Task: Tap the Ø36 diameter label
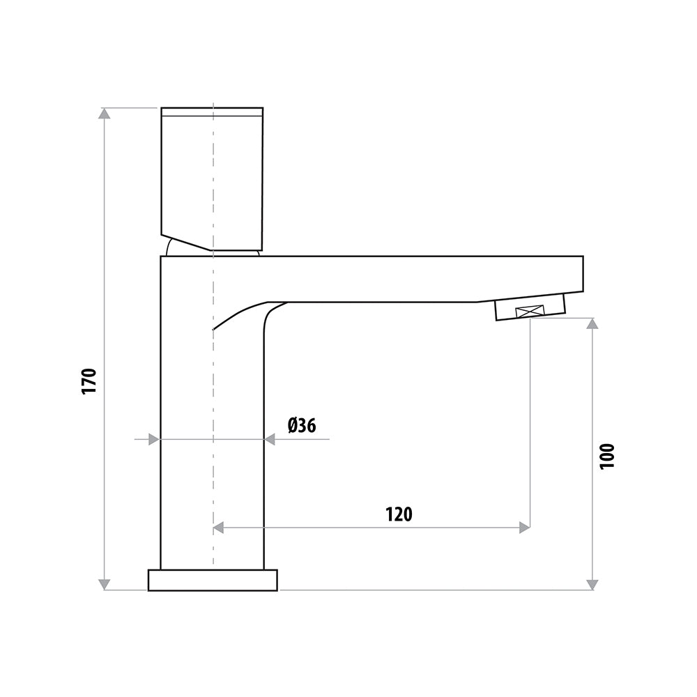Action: [x=301, y=424]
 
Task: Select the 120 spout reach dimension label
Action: [x=399, y=514]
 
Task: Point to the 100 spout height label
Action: [x=608, y=457]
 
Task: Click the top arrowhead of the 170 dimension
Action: [x=105, y=114]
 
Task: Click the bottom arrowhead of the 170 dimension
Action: [x=105, y=584]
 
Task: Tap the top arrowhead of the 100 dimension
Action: [x=592, y=324]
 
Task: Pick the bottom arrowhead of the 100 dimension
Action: [x=592, y=584]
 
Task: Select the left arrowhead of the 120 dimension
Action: [x=219, y=528]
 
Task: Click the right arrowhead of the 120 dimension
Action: [x=524, y=528]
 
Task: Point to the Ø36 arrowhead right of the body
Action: [x=270, y=439]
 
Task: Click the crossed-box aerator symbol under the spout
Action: [x=530, y=313]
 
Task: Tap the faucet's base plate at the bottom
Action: [x=213, y=580]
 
